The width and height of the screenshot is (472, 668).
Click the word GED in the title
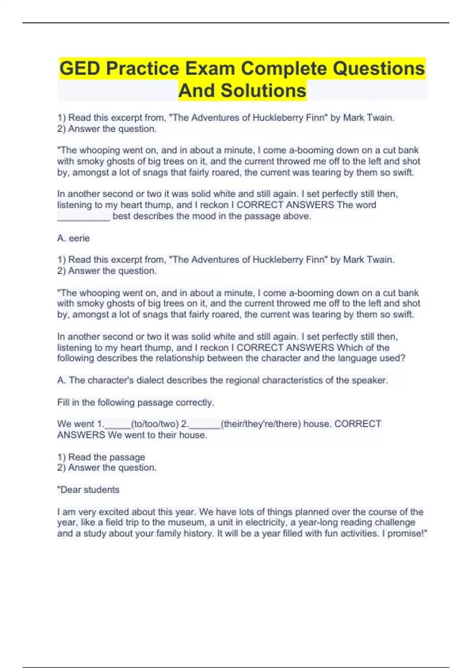80,69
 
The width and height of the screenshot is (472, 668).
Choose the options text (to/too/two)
155,424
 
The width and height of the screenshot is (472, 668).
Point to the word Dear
70,490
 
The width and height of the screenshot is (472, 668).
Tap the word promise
405,534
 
